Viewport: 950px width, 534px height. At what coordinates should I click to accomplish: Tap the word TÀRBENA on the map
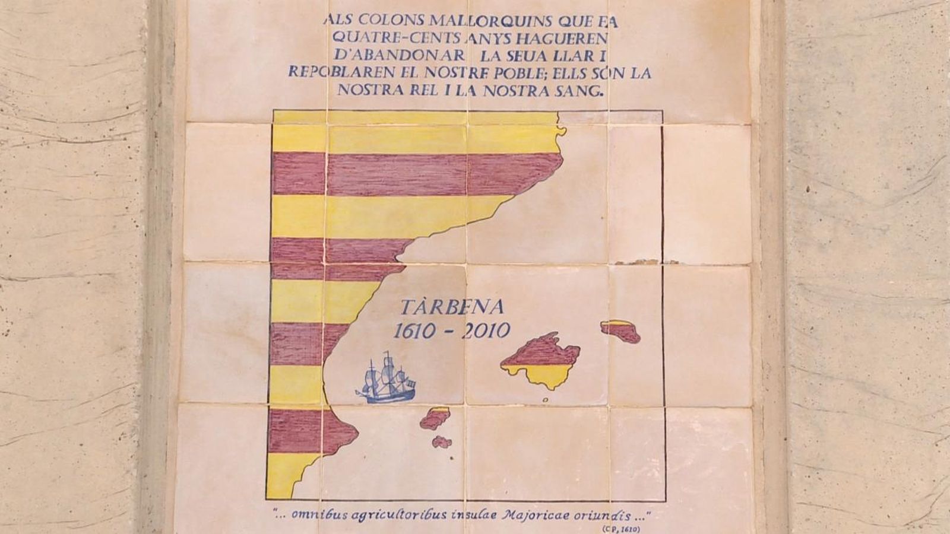click(x=452, y=307)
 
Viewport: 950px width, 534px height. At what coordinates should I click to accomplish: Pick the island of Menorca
click(x=620, y=330)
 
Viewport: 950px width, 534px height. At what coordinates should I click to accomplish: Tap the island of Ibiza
click(x=435, y=418)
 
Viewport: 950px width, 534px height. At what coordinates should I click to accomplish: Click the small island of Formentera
click(x=441, y=441)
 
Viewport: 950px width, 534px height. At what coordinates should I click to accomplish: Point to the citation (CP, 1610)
click(x=621, y=528)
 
